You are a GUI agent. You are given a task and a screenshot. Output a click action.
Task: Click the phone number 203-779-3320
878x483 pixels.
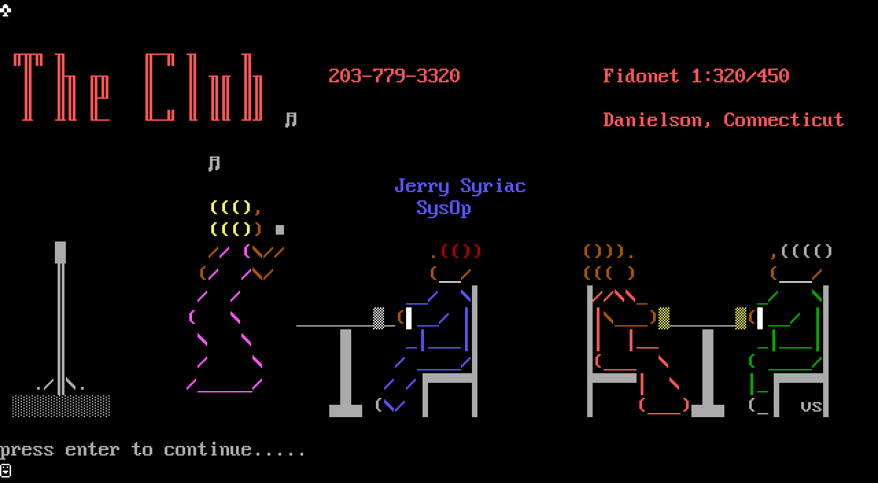(394, 75)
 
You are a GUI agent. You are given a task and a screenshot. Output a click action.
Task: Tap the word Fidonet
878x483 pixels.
(641, 75)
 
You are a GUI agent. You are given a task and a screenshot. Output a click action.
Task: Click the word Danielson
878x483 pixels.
(652, 120)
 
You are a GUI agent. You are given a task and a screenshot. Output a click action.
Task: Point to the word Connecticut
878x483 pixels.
(783, 120)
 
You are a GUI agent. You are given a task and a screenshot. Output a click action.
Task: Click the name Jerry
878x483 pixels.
(421, 187)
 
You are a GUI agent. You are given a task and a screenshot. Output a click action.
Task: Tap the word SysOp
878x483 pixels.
(443, 208)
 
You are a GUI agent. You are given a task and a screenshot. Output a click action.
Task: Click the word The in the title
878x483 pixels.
(61, 87)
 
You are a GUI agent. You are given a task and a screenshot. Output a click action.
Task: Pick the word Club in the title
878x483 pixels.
(204, 87)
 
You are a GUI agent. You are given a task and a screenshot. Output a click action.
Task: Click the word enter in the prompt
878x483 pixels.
(92, 450)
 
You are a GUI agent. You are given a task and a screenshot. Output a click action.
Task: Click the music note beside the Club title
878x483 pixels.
(291, 119)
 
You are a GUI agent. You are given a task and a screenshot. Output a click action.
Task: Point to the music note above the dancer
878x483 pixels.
(214, 163)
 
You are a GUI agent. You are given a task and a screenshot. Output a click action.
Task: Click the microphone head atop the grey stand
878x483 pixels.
(60, 252)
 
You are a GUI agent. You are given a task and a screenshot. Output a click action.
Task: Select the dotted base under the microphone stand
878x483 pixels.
(60, 405)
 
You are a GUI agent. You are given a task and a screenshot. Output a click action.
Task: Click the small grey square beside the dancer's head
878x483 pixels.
(280, 230)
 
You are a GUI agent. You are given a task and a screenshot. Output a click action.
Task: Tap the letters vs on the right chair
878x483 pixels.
(811, 406)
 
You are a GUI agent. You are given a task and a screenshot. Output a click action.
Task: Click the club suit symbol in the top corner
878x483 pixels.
(5, 10)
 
